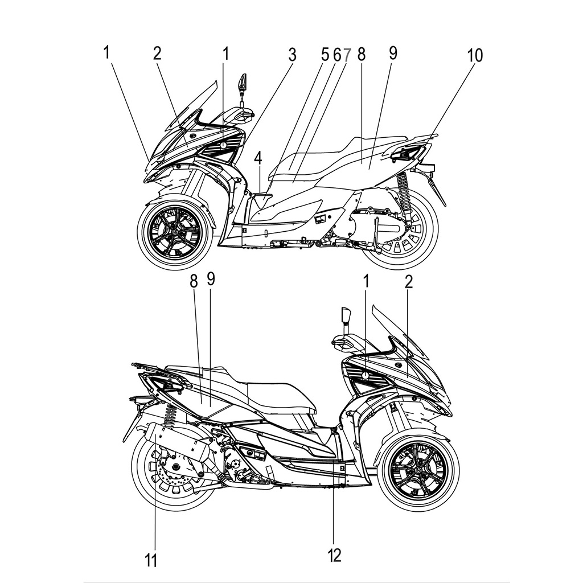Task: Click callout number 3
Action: click(292, 55)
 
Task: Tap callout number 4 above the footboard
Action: click(258, 158)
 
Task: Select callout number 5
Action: click(325, 55)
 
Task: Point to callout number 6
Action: click(336, 55)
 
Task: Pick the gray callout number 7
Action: click(347, 55)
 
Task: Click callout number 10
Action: click(474, 55)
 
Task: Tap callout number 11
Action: click(150, 560)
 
